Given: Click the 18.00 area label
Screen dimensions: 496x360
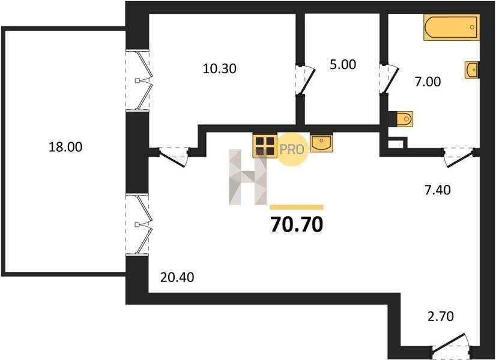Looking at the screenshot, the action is pyautogui.click(x=65, y=147).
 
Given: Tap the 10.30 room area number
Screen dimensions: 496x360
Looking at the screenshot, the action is pyautogui.click(x=219, y=68).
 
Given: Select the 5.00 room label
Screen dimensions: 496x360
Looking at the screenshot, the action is pyautogui.click(x=343, y=64).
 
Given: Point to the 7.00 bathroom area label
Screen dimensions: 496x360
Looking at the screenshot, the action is pyautogui.click(x=428, y=82).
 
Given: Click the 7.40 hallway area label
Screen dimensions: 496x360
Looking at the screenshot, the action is pyautogui.click(x=438, y=190).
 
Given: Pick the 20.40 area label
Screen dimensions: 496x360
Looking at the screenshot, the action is pyautogui.click(x=177, y=278).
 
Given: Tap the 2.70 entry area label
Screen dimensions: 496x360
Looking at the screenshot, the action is pyautogui.click(x=441, y=316).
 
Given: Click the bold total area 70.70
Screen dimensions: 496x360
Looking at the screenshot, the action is pyautogui.click(x=297, y=225).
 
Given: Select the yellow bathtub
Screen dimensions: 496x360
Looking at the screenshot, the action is pyautogui.click(x=452, y=28).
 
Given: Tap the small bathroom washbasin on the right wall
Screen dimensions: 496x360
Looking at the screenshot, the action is pyautogui.click(x=471, y=70).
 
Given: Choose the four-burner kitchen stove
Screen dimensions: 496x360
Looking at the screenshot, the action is pyautogui.click(x=265, y=146).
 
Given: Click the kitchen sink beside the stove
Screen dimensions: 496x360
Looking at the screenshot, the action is pyautogui.click(x=321, y=142).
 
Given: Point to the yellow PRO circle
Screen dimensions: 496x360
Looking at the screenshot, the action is pyautogui.click(x=292, y=149).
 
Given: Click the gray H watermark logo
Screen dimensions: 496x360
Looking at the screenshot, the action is pyautogui.click(x=247, y=177).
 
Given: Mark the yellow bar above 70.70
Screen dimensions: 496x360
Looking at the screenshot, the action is pyautogui.click(x=297, y=208).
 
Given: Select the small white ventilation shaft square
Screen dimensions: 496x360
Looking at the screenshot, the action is pyautogui.click(x=395, y=144).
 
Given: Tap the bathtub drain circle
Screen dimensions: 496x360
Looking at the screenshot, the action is pyautogui.click(x=472, y=27).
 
